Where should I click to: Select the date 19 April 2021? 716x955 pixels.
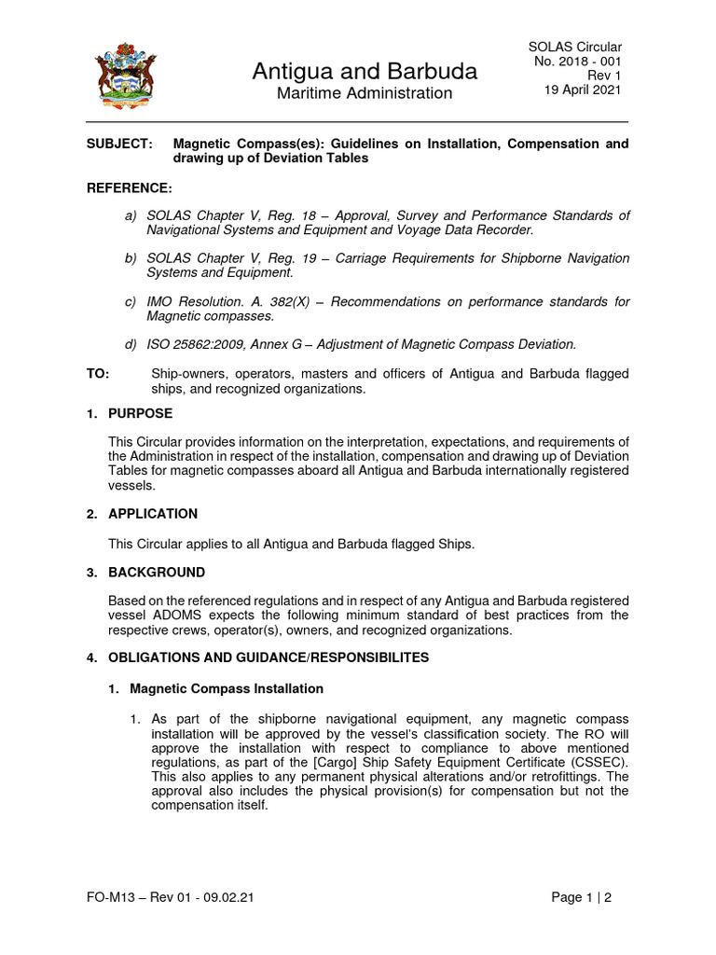[583, 90]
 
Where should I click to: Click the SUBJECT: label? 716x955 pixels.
[118, 144]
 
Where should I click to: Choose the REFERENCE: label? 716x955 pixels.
[129, 188]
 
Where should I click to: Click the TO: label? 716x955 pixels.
[98, 373]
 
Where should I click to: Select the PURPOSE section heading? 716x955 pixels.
[140, 413]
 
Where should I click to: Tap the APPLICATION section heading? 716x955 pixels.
[153, 514]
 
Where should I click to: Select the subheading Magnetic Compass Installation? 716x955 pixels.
[227, 688]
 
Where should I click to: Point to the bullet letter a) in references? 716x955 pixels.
[131, 216]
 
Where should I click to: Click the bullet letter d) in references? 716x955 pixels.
[131, 344]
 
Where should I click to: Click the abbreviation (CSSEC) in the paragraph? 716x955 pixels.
[597, 762]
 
